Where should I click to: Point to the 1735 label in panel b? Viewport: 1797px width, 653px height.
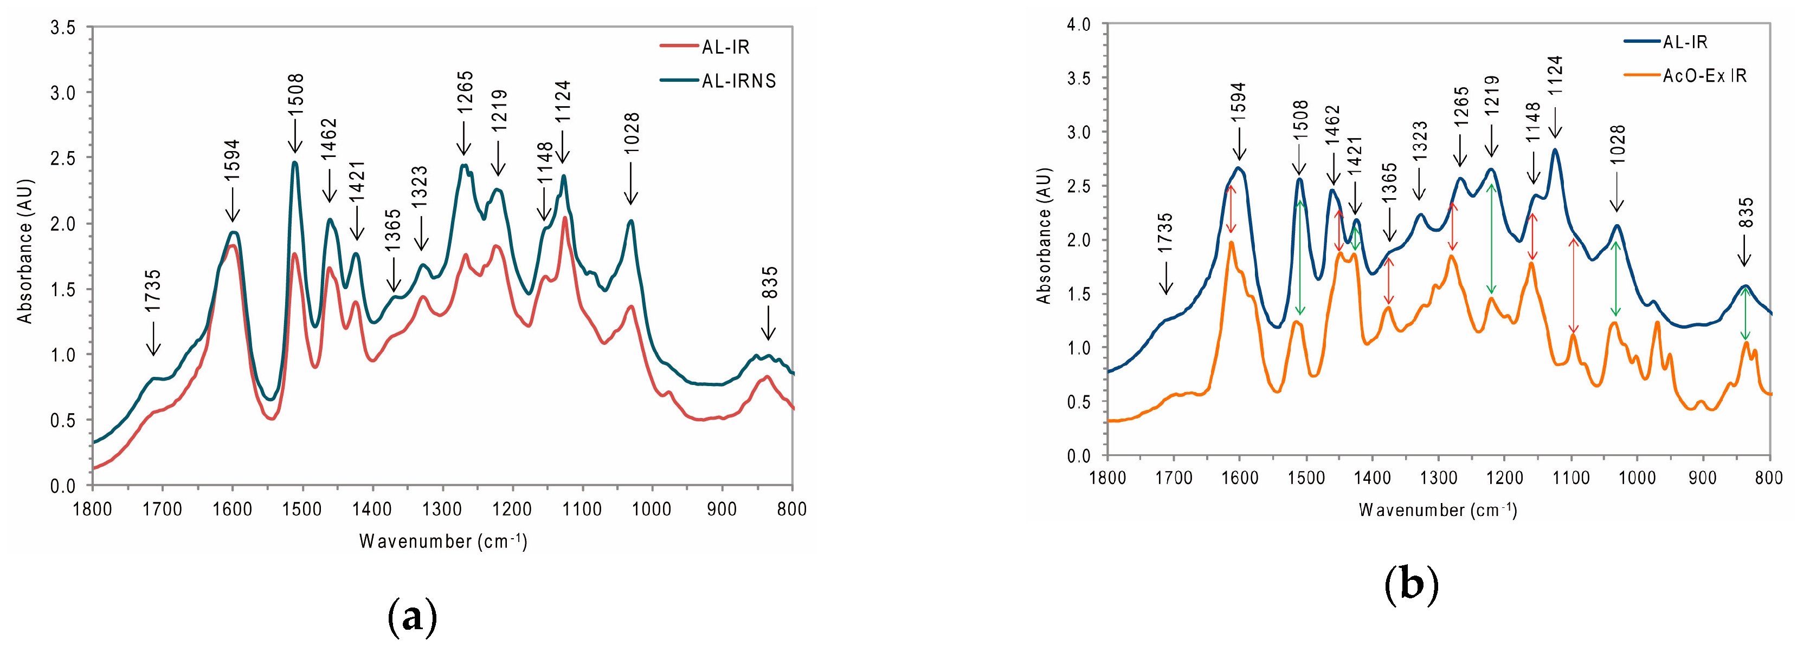[x=1165, y=233]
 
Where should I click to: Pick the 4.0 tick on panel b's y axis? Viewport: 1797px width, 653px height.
[x=1079, y=25]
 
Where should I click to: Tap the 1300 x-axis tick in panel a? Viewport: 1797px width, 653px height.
[x=442, y=510]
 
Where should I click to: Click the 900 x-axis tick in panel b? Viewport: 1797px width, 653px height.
[x=1703, y=478]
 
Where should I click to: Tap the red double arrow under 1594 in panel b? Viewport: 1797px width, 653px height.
[x=1231, y=209]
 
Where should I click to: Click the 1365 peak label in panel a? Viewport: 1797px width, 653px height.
[x=393, y=231]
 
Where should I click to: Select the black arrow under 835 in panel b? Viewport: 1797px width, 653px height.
[x=1744, y=250]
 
